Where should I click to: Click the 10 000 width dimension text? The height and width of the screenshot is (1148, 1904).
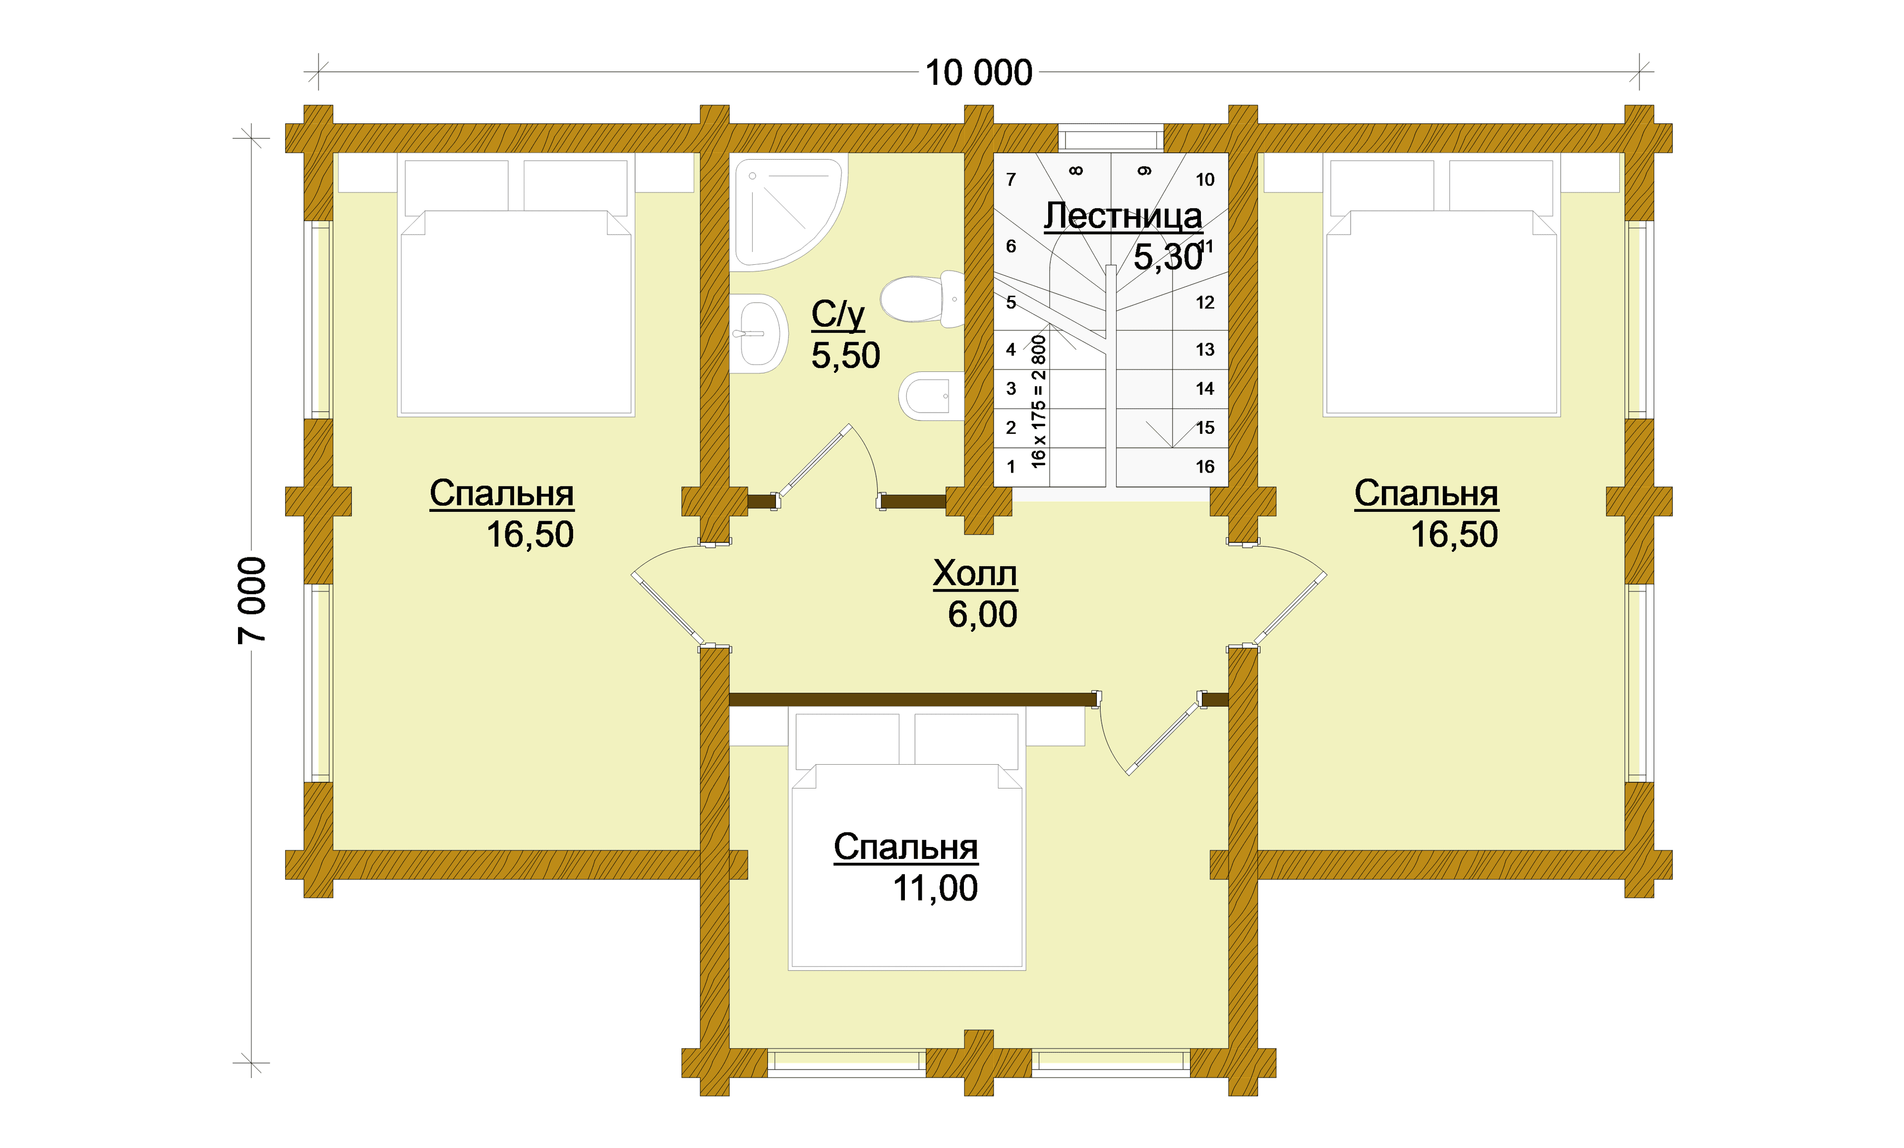[x=978, y=73]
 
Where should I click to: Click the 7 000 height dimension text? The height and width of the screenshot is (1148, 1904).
[x=252, y=600]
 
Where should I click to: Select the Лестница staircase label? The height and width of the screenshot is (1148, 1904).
[x=1123, y=216]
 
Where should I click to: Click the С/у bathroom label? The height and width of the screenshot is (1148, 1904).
[x=837, y=314]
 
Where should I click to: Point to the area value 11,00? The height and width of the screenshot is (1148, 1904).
[x=935, y=888]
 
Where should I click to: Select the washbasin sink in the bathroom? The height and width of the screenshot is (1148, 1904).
[x=759, y=334]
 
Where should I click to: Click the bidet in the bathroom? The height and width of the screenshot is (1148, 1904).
[x=931, y=396]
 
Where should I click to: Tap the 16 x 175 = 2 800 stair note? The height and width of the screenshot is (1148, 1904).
[x=1039, y=401]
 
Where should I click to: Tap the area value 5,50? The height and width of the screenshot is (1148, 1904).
[x=845, y=356]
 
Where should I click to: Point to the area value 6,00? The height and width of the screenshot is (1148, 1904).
[x=982, y=614]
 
